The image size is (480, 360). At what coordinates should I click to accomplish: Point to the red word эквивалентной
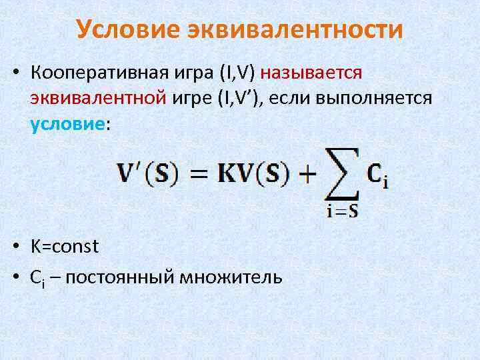click(x=97, y=99)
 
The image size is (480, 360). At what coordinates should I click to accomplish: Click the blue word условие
click(x=67, y=125)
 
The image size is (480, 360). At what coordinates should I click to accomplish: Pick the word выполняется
click(x=376, y=99)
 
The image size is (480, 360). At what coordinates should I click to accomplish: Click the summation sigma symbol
click(x=342, y=173)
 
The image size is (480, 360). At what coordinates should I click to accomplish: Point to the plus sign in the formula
click(x=307, y=175)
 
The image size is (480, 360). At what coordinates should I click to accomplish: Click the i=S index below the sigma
click(x=343, y=212)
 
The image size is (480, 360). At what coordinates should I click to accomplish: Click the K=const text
click(x=65, y=247)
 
